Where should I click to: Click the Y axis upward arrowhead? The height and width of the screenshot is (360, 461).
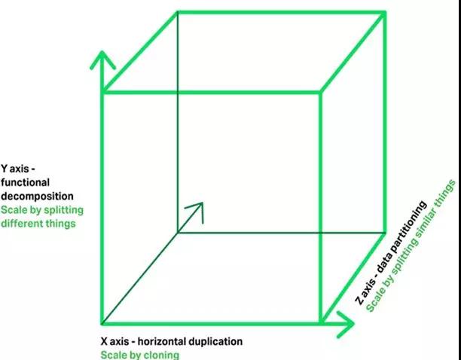pos(102,60)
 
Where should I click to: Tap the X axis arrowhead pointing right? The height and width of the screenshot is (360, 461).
pos(346,324)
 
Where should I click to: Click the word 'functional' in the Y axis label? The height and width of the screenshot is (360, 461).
pos(25,182)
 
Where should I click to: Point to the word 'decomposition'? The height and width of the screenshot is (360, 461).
pos(37,196)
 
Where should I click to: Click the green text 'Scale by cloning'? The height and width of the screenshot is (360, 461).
pos(139,355)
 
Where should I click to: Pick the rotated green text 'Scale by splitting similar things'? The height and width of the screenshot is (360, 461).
pos(411,246)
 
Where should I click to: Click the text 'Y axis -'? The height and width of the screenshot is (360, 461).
pos(18,169)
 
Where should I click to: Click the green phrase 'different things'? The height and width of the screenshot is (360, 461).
pos(38,224)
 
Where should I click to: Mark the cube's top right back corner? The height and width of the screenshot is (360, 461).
pos(385,12)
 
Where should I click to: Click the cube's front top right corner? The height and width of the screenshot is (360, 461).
pos(320,93)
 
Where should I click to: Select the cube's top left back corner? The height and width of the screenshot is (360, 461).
pos(178,12)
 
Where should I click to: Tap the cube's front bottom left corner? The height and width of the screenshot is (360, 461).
pos(102,324)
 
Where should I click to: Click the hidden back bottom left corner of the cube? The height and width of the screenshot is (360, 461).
pos(178,233)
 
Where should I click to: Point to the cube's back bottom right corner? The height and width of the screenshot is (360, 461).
pos(385,233)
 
